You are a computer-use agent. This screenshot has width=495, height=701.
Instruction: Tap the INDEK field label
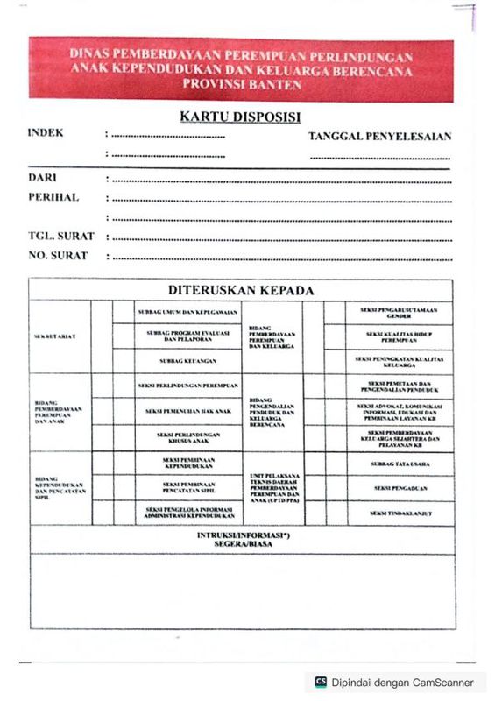point(46,134)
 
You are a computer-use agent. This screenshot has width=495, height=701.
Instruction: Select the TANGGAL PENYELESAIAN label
point(379,137)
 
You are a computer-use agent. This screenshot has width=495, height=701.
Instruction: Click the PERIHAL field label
point(53,197)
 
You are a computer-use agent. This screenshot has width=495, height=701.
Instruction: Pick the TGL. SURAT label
point(61,237)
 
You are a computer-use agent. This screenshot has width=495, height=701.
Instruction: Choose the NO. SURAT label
point(58,256)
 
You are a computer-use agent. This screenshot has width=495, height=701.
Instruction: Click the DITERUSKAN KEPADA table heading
point(241,291)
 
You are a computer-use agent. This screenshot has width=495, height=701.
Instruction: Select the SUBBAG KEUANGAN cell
point(187,360)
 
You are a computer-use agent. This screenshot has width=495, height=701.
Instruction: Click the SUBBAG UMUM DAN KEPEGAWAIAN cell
point(187,312)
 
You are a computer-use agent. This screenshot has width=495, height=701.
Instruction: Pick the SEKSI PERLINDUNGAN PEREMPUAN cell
point(187,386)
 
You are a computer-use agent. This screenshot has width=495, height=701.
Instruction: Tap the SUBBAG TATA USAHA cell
point(400,463)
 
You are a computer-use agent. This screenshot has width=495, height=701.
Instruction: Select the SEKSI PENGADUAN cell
point(400,487)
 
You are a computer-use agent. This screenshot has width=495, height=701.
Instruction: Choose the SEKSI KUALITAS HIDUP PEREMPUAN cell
point(400,336)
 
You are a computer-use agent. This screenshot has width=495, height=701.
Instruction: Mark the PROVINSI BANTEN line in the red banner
point(242,85)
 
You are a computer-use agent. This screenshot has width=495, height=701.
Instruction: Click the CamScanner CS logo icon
point(322,682)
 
